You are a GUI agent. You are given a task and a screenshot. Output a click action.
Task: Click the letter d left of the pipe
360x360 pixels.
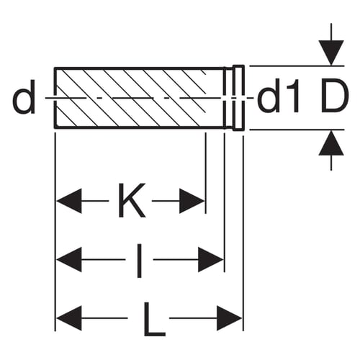point(24,98)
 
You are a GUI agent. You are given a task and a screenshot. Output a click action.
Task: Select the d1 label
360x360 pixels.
point(279,98)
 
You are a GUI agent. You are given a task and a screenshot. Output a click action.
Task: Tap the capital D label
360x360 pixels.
point(335,96)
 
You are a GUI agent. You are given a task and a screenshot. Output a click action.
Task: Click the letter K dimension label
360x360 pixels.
point(132,200)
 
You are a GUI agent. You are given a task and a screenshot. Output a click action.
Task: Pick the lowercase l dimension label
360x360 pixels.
point(139,261)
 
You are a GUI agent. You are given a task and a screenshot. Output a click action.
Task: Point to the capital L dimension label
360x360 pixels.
point(155,320)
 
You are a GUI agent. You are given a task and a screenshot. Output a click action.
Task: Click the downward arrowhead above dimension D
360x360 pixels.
point(331,53)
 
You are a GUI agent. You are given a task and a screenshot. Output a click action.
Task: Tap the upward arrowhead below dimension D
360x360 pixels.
point(331,143)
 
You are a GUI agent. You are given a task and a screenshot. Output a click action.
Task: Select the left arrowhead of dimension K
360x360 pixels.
point(69,201)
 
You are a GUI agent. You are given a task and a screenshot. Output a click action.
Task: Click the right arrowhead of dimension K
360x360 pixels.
point(192,201)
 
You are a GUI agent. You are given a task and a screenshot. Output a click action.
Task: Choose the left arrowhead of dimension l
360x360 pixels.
point(69,260)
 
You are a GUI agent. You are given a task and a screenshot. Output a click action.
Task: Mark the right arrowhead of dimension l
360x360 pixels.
point(210,260)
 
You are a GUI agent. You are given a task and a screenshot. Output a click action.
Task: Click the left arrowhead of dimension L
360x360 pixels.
point(69,318)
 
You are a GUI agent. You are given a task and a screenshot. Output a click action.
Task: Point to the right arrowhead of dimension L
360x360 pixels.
point(229,318)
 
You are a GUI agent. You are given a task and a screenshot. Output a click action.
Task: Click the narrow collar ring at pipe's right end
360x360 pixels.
point(239,98)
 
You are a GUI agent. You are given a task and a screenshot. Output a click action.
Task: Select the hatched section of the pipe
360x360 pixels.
point(131,98)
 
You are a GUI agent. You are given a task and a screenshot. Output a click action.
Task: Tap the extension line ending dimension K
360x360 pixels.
point(205,173)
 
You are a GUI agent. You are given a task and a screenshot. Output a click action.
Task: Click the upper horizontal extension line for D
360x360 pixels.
point(297,66)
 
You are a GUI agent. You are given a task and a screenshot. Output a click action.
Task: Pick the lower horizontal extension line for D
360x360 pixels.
point(297,130)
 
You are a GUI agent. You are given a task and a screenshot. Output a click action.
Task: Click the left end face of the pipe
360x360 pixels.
point(55,98)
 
